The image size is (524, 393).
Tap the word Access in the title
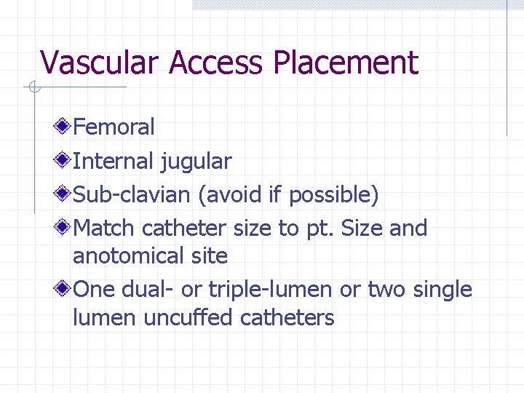pos(215,63)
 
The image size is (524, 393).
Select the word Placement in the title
pos(346,63)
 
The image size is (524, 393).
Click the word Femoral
pos(114,127)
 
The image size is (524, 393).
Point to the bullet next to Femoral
pos(65,127)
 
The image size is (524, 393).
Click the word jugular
pos(196,162)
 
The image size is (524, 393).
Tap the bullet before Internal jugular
pos(65,161)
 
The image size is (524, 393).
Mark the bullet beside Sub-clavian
pos(65,194)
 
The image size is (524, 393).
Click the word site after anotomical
pos(210,256)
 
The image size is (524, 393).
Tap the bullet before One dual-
pos(65,290)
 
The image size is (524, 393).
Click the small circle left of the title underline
pos(33,88)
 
